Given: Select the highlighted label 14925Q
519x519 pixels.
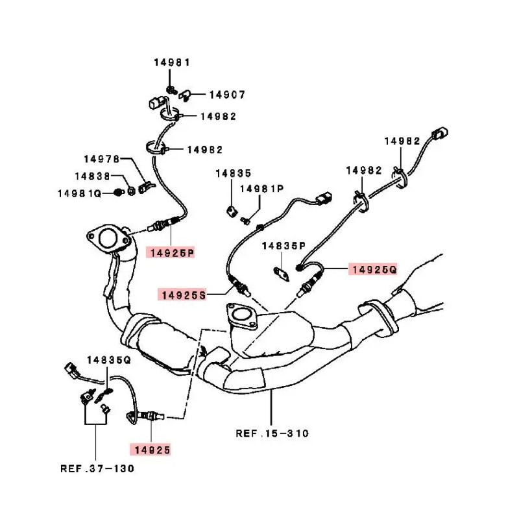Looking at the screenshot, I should (373, 269).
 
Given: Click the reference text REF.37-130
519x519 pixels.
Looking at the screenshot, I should (97, 468).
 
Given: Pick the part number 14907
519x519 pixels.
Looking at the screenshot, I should (227, 95).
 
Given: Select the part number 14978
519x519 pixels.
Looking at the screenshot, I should (102, 159).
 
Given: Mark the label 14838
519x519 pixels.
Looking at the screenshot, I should (92, 176).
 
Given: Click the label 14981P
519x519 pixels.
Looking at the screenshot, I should (262, 189).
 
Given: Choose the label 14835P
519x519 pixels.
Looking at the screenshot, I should (284, 246).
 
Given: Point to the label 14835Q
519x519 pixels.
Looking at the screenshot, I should (109, 359).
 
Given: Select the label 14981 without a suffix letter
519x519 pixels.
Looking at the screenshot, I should (172, 63).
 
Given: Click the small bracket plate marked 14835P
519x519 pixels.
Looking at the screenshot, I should (280, 273).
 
